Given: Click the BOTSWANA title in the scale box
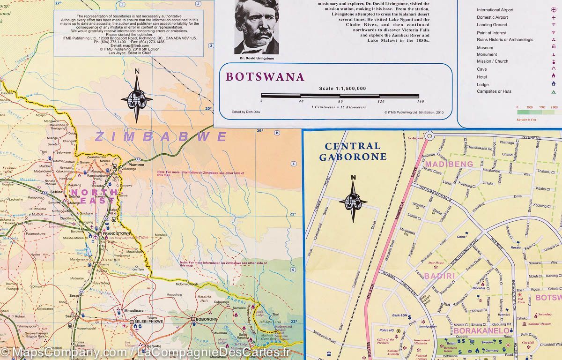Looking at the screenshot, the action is coord(265,77).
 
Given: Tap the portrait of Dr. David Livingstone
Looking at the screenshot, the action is coord(256,27).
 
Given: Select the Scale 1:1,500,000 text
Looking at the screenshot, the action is coord(342,89).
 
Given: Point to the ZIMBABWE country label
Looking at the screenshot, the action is coord(161,137).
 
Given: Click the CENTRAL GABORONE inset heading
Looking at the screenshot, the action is coord(353,151).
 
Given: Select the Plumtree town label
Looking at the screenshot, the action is coord(134,165).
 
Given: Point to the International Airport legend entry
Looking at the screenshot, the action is coord(495,10).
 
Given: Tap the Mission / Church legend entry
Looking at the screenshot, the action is coord(492,61).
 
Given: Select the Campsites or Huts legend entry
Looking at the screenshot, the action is coord(494,91).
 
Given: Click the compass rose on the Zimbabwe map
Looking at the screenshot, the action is coord(137,98).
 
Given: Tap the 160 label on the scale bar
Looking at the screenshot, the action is coord(420,101).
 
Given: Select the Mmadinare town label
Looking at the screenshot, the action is coord(134,311).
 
